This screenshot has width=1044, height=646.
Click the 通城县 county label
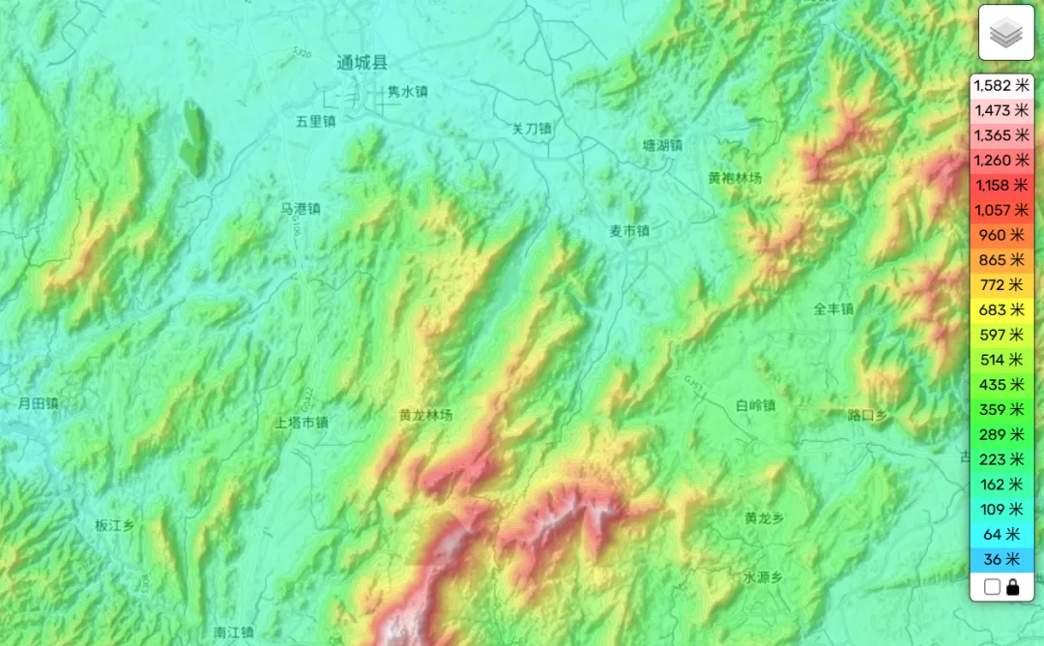pos(362,63)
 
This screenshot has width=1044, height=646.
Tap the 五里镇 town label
pos(315,122)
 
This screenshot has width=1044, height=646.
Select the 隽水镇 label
pos(407,92)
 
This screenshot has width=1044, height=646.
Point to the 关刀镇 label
pos(531,129)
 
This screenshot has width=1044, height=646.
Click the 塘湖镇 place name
pos(662,146)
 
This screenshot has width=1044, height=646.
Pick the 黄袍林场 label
pos(735,178)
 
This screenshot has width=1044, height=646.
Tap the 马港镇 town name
pos(300,209)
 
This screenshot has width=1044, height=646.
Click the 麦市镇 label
pos(628,231)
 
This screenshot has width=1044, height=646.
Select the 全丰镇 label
pos(833,309)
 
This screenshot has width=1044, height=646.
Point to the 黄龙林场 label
pos(425,415)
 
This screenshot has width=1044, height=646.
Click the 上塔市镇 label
pos(302,423)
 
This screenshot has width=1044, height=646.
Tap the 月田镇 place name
pos(39,403)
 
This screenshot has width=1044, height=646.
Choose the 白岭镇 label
pos(755,406)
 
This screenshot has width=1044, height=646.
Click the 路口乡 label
pos(867,415)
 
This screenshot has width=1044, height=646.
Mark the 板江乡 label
pos(114,526)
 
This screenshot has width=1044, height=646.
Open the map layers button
pos(1006,33)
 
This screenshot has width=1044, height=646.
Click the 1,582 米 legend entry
pos(1000,85)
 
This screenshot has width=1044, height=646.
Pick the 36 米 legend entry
pos(1000,559)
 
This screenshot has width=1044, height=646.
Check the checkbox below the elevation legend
pos(991,587)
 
